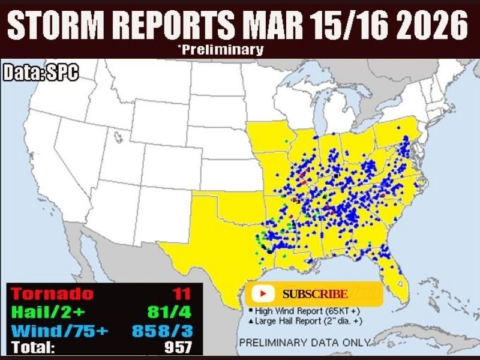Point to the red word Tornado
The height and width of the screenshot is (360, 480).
[x=53, y=294]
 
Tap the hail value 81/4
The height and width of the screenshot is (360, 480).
[x=170, y=312]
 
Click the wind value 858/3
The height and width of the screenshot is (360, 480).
[x=161, y=330]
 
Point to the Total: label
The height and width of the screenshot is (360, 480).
[x=34, y=347]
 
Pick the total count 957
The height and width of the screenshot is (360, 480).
[x=179, y=347]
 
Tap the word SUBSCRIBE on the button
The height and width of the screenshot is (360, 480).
[x=315, y=294]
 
